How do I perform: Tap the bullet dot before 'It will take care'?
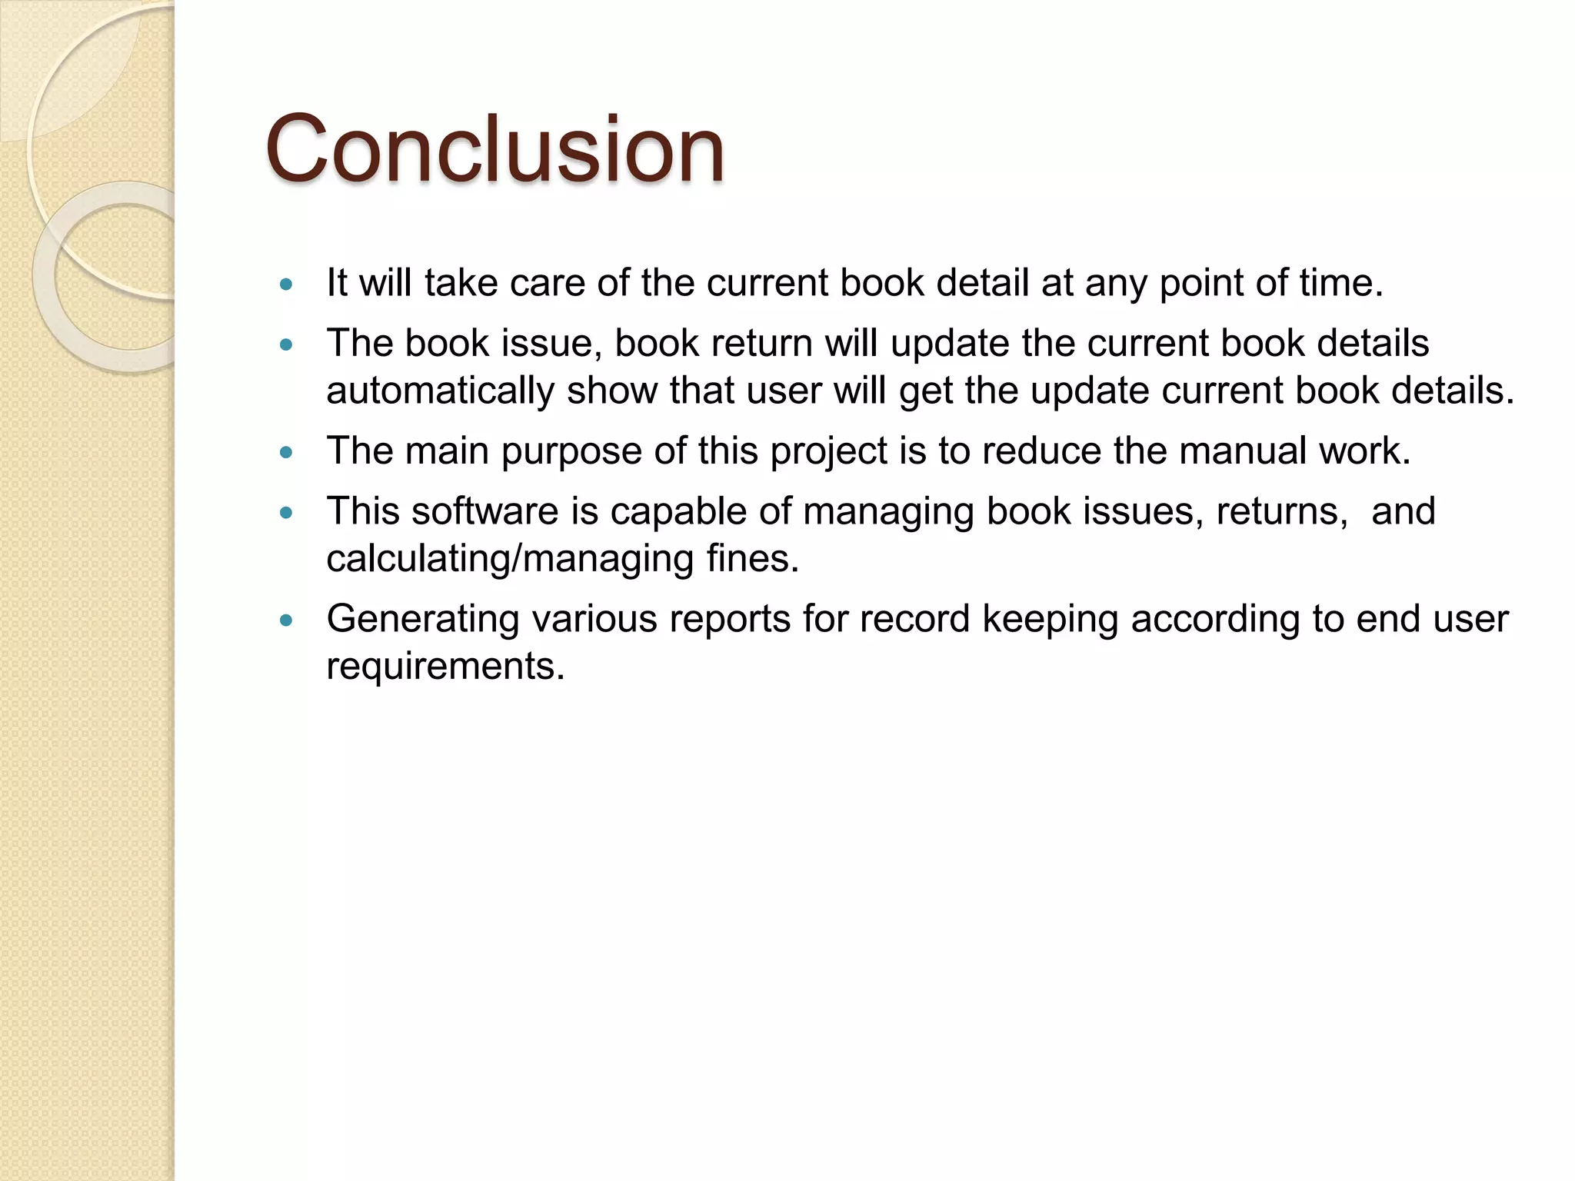tap(287, 284)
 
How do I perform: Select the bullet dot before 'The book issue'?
tap(287, 345)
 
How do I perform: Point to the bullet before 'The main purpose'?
tap(287, 453)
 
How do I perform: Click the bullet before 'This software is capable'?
tap(287, 513)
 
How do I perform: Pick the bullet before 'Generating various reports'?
tap(287, 620)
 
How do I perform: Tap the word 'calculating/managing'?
tap(510, 559)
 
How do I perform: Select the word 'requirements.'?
tap(445, 666)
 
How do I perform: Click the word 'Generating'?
tap(422, 619)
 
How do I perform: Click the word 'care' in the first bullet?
tap(548, 283)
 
